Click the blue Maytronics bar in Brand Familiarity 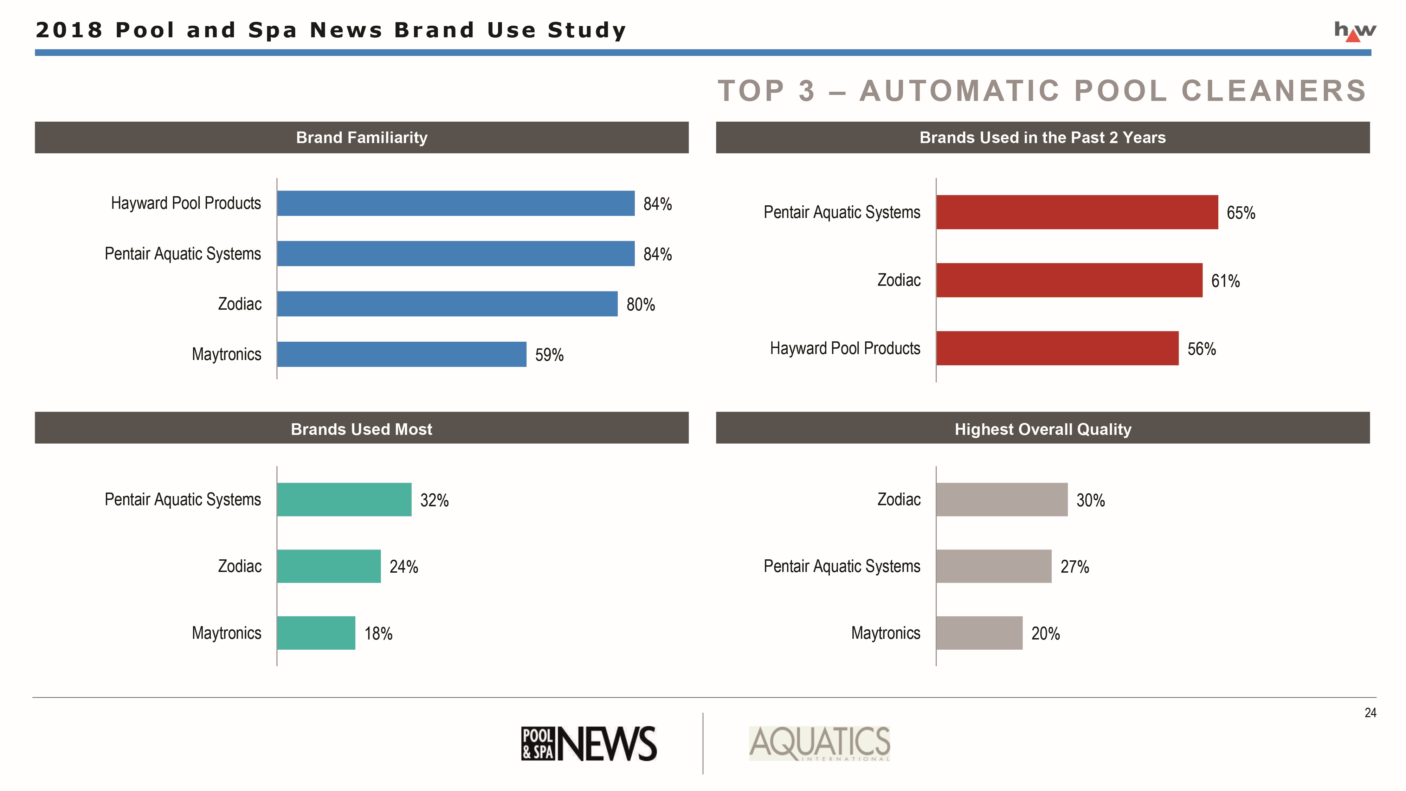(x=402, y=354)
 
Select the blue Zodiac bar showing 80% (x=447, y=304)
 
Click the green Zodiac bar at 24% (x=329, y=566)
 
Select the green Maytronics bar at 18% (x=316, y=633)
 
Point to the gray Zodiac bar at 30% (x=1001, y=500)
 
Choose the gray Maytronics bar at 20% (x=979, y=633)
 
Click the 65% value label (x=1241, y=213)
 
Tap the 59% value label (x=549, y=355)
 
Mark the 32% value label (x=434, y=500)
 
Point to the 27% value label (x=1074, y=567)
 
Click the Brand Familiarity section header (x=361, y=137)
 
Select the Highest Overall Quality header (x=1043, y=429)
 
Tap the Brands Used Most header (x=361, y=429)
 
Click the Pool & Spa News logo (x=588, y=744)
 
